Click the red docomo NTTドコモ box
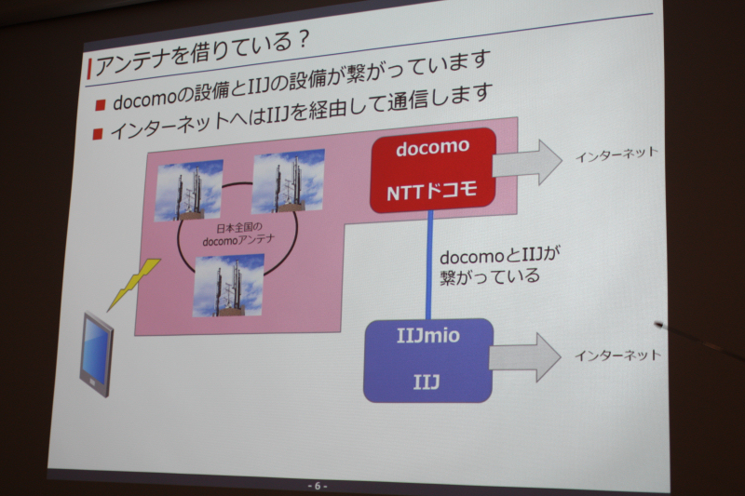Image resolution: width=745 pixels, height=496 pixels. [x=433, y=170]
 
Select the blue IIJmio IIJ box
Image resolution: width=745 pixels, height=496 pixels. [x=428, y=361]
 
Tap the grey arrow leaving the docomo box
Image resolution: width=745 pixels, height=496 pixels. [x=527, y=163]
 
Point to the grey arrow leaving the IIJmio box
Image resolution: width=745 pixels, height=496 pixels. [x=525, y=357]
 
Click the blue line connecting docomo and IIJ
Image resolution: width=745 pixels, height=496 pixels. [x=429, y=265]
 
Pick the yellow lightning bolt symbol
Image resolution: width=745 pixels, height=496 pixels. [x=133, y=285]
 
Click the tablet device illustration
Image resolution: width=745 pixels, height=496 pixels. [x=97, y=354]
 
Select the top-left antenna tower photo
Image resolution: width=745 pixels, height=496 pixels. [x=189, y=191]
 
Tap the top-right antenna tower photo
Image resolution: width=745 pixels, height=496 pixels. [x=289, y=181]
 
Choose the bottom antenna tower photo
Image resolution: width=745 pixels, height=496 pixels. [x=228, y=286]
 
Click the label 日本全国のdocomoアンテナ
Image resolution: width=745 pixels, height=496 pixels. [x=238, y=235]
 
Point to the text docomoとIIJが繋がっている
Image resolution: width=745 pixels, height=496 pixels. [x=499, y=266]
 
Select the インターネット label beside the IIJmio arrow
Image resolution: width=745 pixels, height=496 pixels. [x=617, y=355]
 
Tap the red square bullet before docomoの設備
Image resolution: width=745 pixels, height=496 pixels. [x=100, y=104]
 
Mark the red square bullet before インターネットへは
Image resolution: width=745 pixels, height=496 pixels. [x=98, y=133]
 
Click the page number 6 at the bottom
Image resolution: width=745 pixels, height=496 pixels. [x=318, y=486]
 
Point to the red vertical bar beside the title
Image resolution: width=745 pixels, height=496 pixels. [x=89, y=68]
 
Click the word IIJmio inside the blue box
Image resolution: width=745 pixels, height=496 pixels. [x=428, y=336]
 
